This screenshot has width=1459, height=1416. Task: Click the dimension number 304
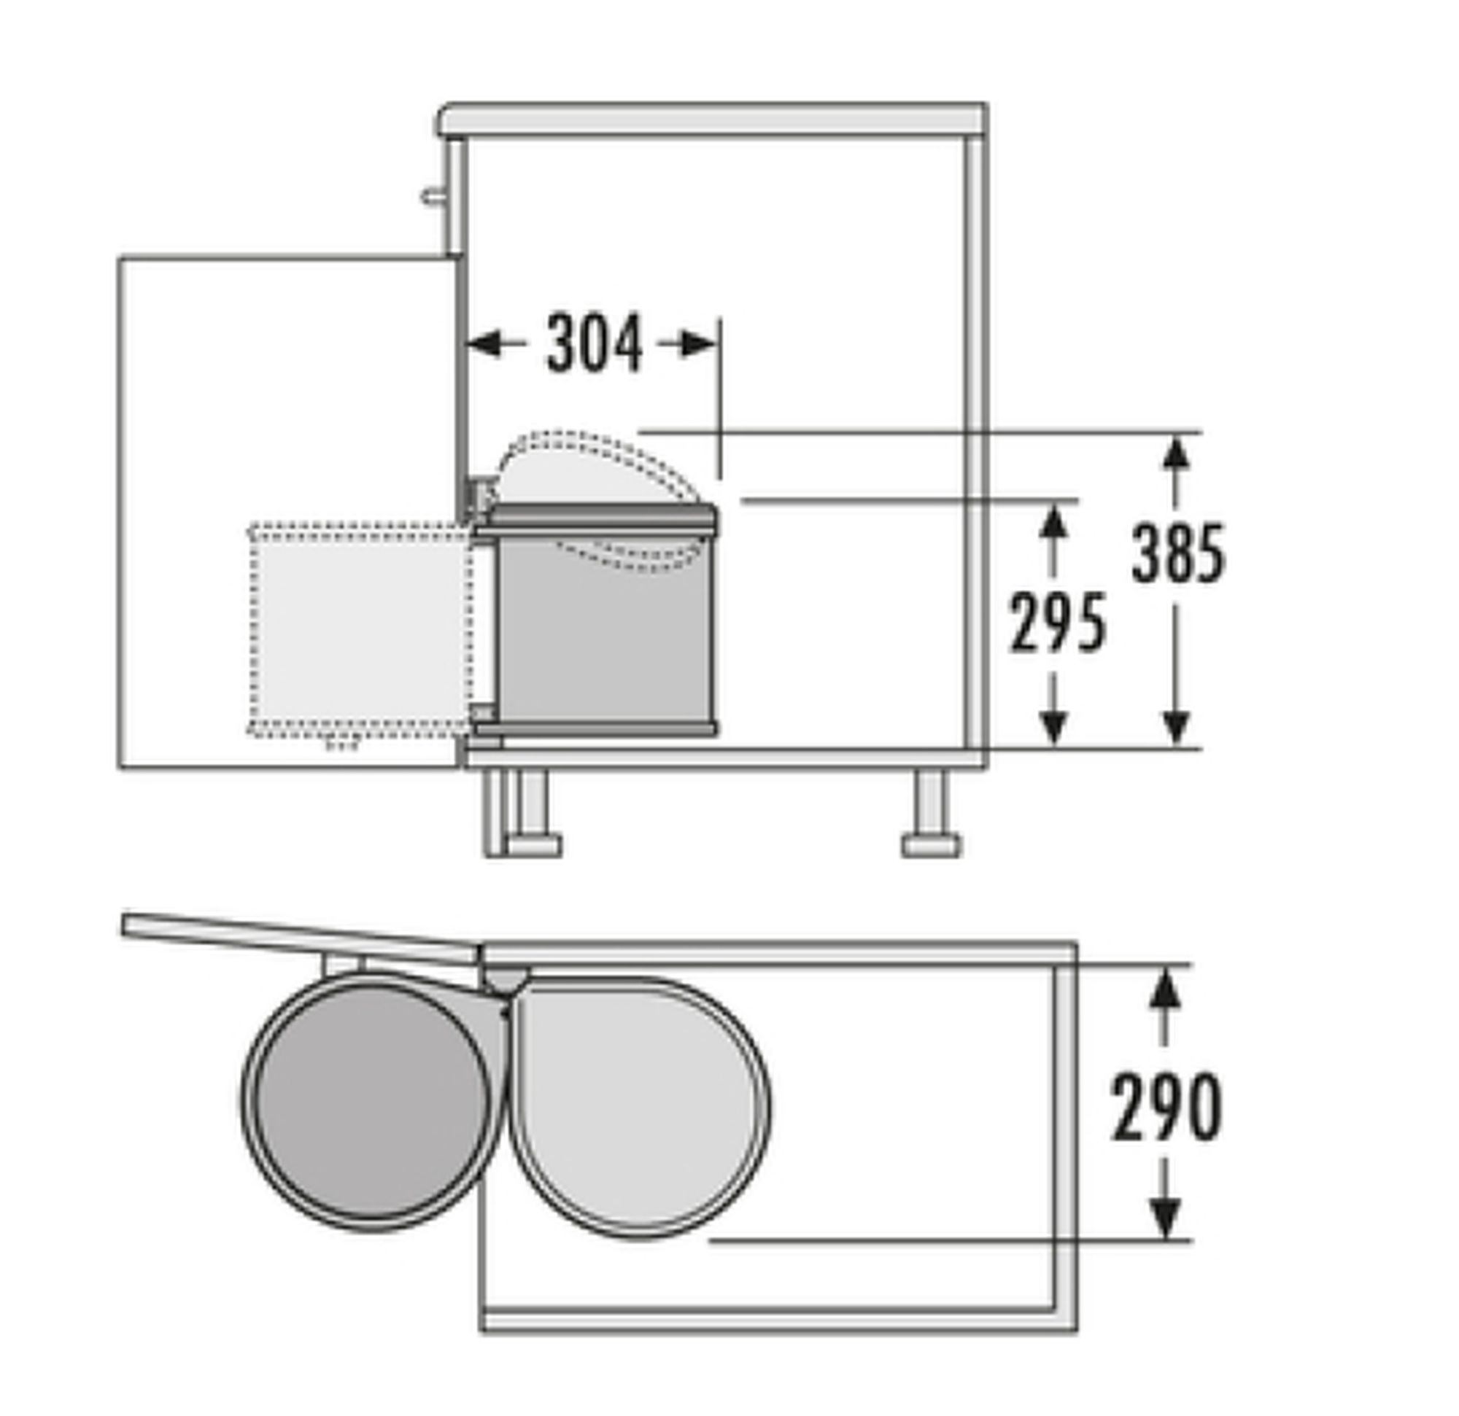coord(594,343)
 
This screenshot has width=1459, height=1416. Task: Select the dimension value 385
coord(1177,553)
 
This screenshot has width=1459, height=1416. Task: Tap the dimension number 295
coord(1057,623)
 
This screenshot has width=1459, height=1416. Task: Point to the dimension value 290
coord(1166,1108)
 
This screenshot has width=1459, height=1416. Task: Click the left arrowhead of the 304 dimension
coord(484,344)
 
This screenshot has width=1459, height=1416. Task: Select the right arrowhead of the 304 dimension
coord(699,344)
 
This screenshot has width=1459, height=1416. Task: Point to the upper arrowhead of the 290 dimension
coord(1165,990)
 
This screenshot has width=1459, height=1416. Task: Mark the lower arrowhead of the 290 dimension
coord(1165,1218)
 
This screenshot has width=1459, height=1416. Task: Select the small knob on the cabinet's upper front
coord(432,196)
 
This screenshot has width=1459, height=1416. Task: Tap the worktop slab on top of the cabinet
coord(713,120)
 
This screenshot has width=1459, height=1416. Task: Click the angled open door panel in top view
coord(301,936)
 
